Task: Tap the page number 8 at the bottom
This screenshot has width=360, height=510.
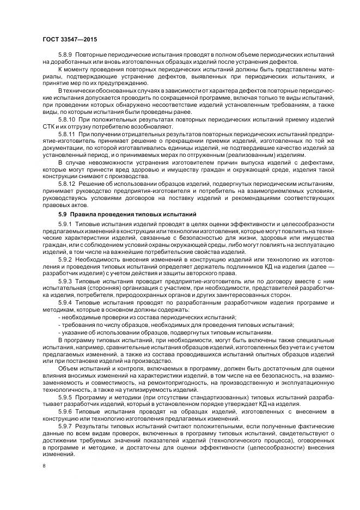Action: point(44,466)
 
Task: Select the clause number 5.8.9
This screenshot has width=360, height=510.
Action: point(65,55)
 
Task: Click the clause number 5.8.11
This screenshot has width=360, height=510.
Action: point(67,133)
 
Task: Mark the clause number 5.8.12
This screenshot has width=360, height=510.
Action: point(67,184)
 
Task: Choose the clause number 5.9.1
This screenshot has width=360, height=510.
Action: point(65,224)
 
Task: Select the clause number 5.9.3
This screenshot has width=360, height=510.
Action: point(65,281)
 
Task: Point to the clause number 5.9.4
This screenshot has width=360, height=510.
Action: point(65,301)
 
